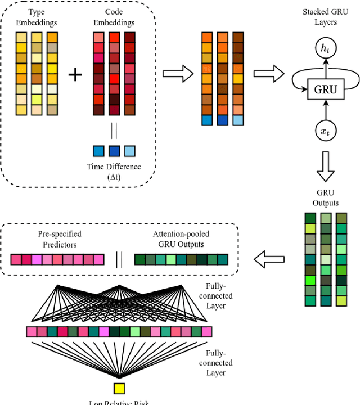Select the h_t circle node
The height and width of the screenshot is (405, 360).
click(325, 49)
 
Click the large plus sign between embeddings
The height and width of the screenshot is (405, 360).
click(75, 75)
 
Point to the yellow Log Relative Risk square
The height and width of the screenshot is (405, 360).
click(119, 388)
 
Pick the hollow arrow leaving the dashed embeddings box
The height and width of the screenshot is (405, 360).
click(177, 74)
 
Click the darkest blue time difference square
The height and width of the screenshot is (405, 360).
click(114, 151)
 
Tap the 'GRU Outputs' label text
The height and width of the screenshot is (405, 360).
click(325, 197)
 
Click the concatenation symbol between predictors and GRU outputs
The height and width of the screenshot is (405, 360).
click(119, 259)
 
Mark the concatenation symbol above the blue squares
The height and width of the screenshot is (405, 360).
click(114, 130)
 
